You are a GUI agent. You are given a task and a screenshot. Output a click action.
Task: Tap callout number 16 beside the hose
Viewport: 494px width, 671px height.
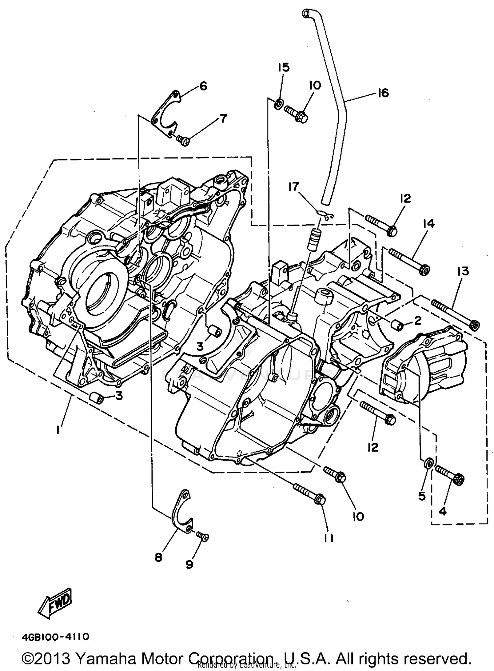coord(383,93)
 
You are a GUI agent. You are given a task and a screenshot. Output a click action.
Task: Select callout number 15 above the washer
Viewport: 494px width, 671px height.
coord(283,68)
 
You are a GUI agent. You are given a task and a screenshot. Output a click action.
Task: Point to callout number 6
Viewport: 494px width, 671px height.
coord(203,87)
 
